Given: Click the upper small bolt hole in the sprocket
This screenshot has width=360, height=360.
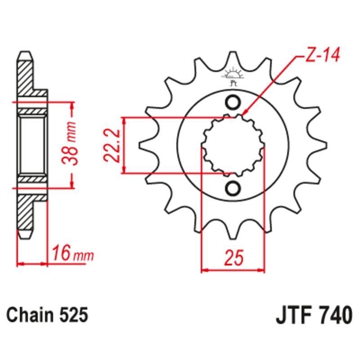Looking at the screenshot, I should [x=233, y=103].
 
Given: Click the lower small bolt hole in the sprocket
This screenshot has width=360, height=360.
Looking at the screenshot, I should [x=233, y=188].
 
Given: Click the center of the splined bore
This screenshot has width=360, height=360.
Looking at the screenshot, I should [x=233, y=145].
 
